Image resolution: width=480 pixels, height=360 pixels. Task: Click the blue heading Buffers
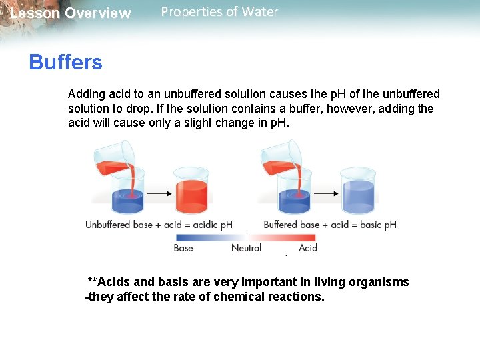pyautogui.click(x=65, y=63)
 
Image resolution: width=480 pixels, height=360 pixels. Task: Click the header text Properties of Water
pyautogui.click(x=219, y=12)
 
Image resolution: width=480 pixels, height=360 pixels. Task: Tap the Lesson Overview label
pyautogui.click(x=71, y=13)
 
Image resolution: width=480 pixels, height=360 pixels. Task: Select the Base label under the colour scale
pyautogui.click(x=183, y=248)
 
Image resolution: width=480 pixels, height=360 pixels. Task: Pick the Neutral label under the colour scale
pyautogui.click(x=246, y=248)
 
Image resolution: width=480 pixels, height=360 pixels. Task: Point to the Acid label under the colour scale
pyautogui.click(x=308, y=248)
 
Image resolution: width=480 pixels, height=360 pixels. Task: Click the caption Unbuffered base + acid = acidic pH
pyautogui.click(x=159, y=225)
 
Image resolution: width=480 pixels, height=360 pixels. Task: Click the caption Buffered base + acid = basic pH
pyautogui.click(x=330, y=225)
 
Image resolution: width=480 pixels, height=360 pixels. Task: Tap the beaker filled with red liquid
pyautogui.click(x=191, y=189)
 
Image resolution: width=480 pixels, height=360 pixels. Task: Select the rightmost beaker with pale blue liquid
pyautogui.click(x=358, y=189)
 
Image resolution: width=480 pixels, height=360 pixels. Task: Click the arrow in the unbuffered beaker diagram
pyautogui.click(x=158, y=194)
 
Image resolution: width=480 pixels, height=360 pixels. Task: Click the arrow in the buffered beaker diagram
pyautogui.click(x=325, y=194)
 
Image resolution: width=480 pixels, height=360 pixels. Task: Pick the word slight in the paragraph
pyautogui.click(x=198, y=123)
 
